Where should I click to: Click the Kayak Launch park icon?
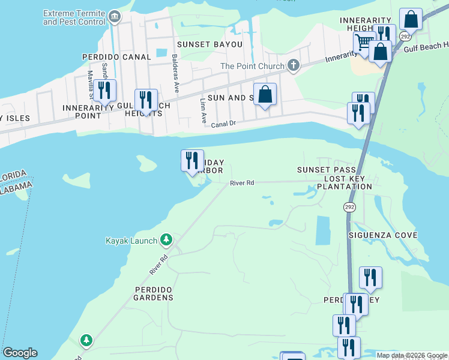(166, 241)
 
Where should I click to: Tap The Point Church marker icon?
(293, 65)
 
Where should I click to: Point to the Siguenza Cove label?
(383, 235)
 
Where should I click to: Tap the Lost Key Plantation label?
(348, 183)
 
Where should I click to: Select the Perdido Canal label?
(116, 57)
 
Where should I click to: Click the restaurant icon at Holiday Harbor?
(192, 160)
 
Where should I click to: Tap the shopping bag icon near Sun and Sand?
(265, 94)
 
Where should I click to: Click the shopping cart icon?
(364, 43)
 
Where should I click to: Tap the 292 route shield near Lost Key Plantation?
(349, 206)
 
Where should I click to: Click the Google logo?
(20, 353)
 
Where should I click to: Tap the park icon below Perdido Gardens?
(86, 341)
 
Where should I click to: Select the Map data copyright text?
(412, 355)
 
